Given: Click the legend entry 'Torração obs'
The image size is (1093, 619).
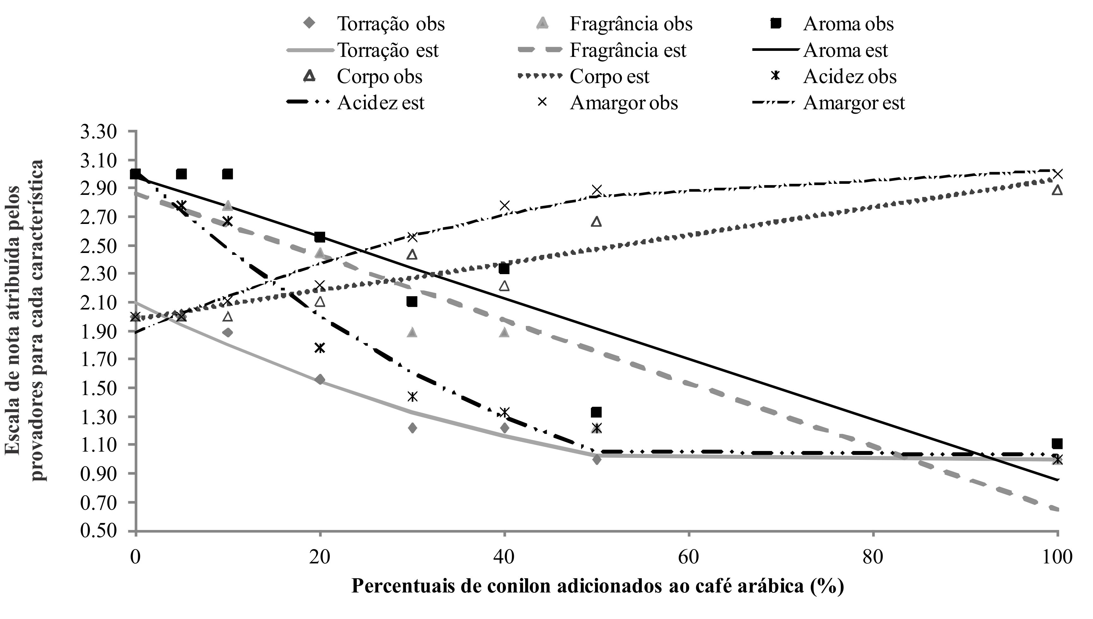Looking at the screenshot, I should click(391, 24).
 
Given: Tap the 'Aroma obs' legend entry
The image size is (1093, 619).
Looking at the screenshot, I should click(848, 24).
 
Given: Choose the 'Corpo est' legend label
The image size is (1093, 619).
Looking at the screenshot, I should click(609, 77).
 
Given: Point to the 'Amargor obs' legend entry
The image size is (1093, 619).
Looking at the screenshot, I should click(623, 103).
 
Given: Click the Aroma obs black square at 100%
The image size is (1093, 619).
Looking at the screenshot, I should click(1057, 444).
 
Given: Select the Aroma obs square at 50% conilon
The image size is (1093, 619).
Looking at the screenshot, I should click(596, 412).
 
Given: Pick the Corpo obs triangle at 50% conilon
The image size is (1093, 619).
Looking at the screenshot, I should click(596, 221).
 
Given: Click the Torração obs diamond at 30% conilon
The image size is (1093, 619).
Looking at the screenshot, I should click(412, 428).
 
